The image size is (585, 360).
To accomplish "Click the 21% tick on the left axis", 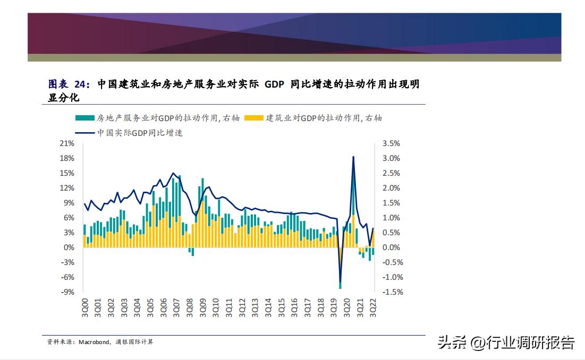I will click(66, 143).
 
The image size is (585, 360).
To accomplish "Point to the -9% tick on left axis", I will click(66, 292).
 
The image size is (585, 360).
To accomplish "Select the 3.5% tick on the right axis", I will click(391, 143).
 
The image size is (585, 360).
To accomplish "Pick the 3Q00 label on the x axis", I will click(84, 308).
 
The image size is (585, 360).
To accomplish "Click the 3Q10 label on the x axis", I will click(215, 308).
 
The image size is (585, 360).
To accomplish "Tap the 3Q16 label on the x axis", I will click(294, 308).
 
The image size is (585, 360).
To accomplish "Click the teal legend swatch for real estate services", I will click(84, 118).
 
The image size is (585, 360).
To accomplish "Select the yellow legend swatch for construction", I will click(253, 118).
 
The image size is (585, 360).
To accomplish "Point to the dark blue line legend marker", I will click(84, 133).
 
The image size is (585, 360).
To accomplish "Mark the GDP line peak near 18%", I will click(353, 157).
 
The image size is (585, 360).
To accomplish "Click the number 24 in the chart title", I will click(80, 84).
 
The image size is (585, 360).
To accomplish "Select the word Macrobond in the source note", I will click(94, 342).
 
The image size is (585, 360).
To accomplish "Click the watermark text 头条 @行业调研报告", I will click(505, 342).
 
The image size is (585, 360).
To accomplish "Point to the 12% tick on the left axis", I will click(66, 188).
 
